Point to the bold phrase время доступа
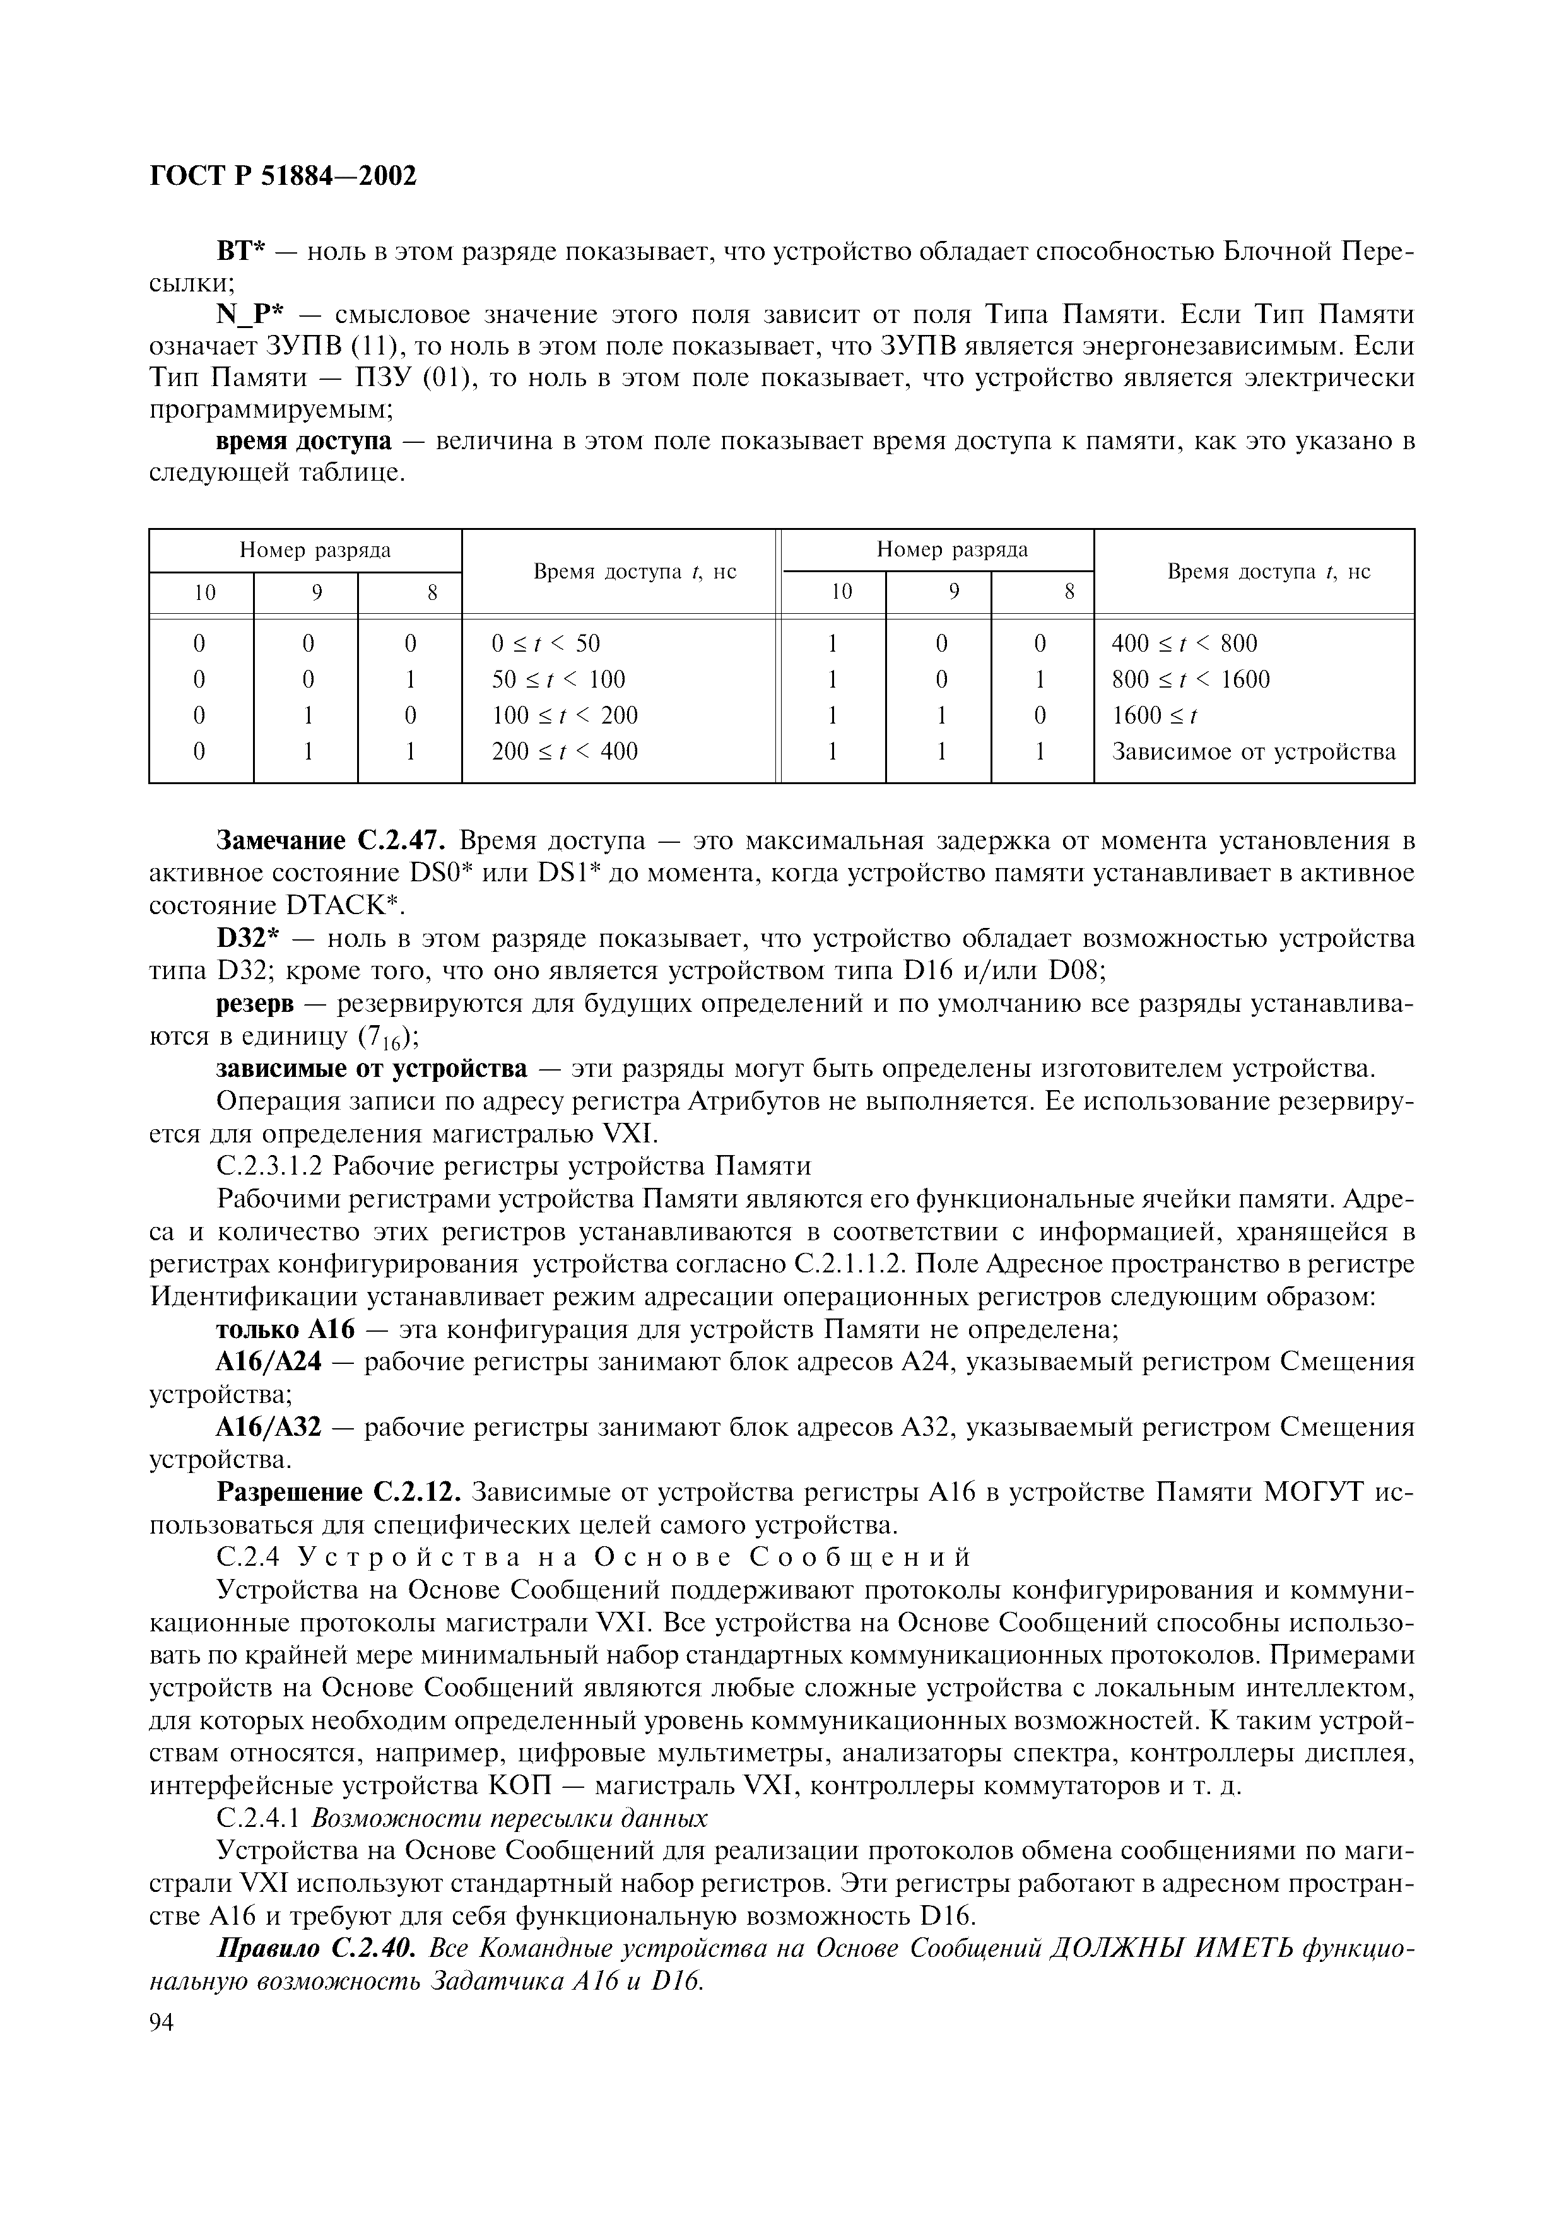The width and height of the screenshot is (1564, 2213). point(303,442)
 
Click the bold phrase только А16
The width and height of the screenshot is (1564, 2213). point(285,1330)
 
